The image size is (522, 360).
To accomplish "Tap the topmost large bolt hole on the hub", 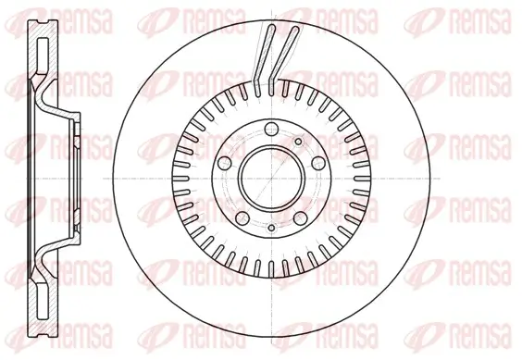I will pos(270,130).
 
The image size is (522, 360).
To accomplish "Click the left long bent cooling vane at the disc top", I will pos(263,56).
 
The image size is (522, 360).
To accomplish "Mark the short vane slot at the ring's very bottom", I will pos(271,268).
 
